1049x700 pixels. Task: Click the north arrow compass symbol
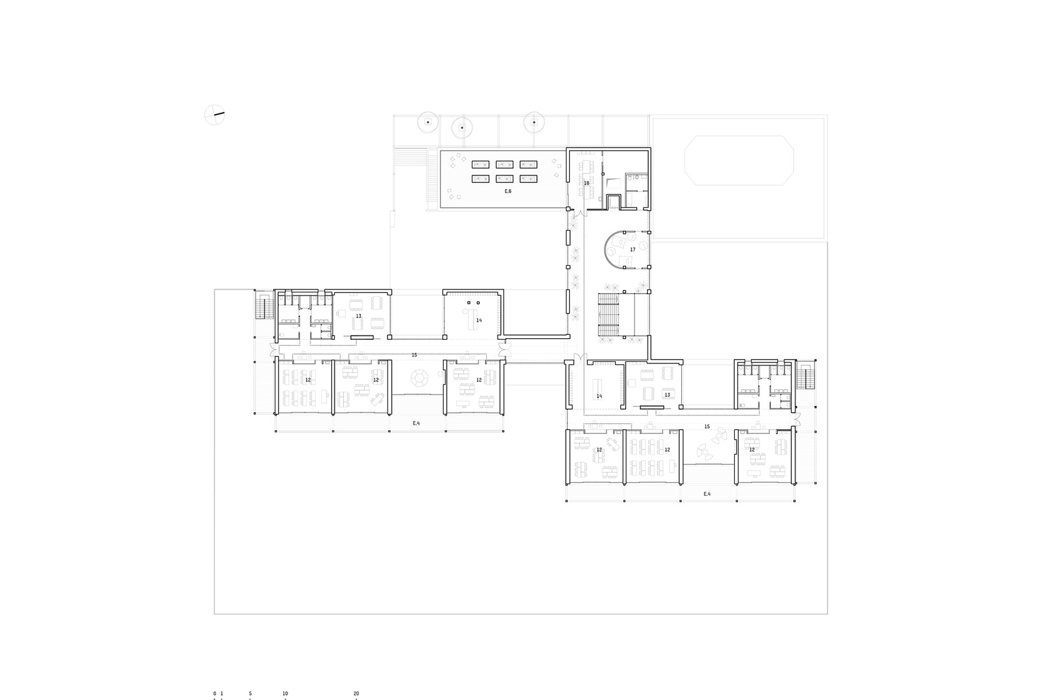point(214,115)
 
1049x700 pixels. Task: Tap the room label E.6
point(508,191)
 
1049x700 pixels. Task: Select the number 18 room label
point(587,183)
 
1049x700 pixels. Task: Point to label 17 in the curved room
point(633,250)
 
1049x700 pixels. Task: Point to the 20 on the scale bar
point(356,693)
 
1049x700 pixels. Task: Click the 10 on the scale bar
point(285,693)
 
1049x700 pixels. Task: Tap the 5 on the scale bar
point(250,693)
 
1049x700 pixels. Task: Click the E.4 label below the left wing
point(416,423)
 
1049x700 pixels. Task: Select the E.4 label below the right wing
point(707,494)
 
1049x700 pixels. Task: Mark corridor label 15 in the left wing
point(415,355)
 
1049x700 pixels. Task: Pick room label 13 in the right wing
point(667,395)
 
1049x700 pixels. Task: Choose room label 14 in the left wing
point(479,320)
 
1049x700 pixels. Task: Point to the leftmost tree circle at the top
point(427,121)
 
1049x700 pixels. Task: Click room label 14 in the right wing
point(600,396)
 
